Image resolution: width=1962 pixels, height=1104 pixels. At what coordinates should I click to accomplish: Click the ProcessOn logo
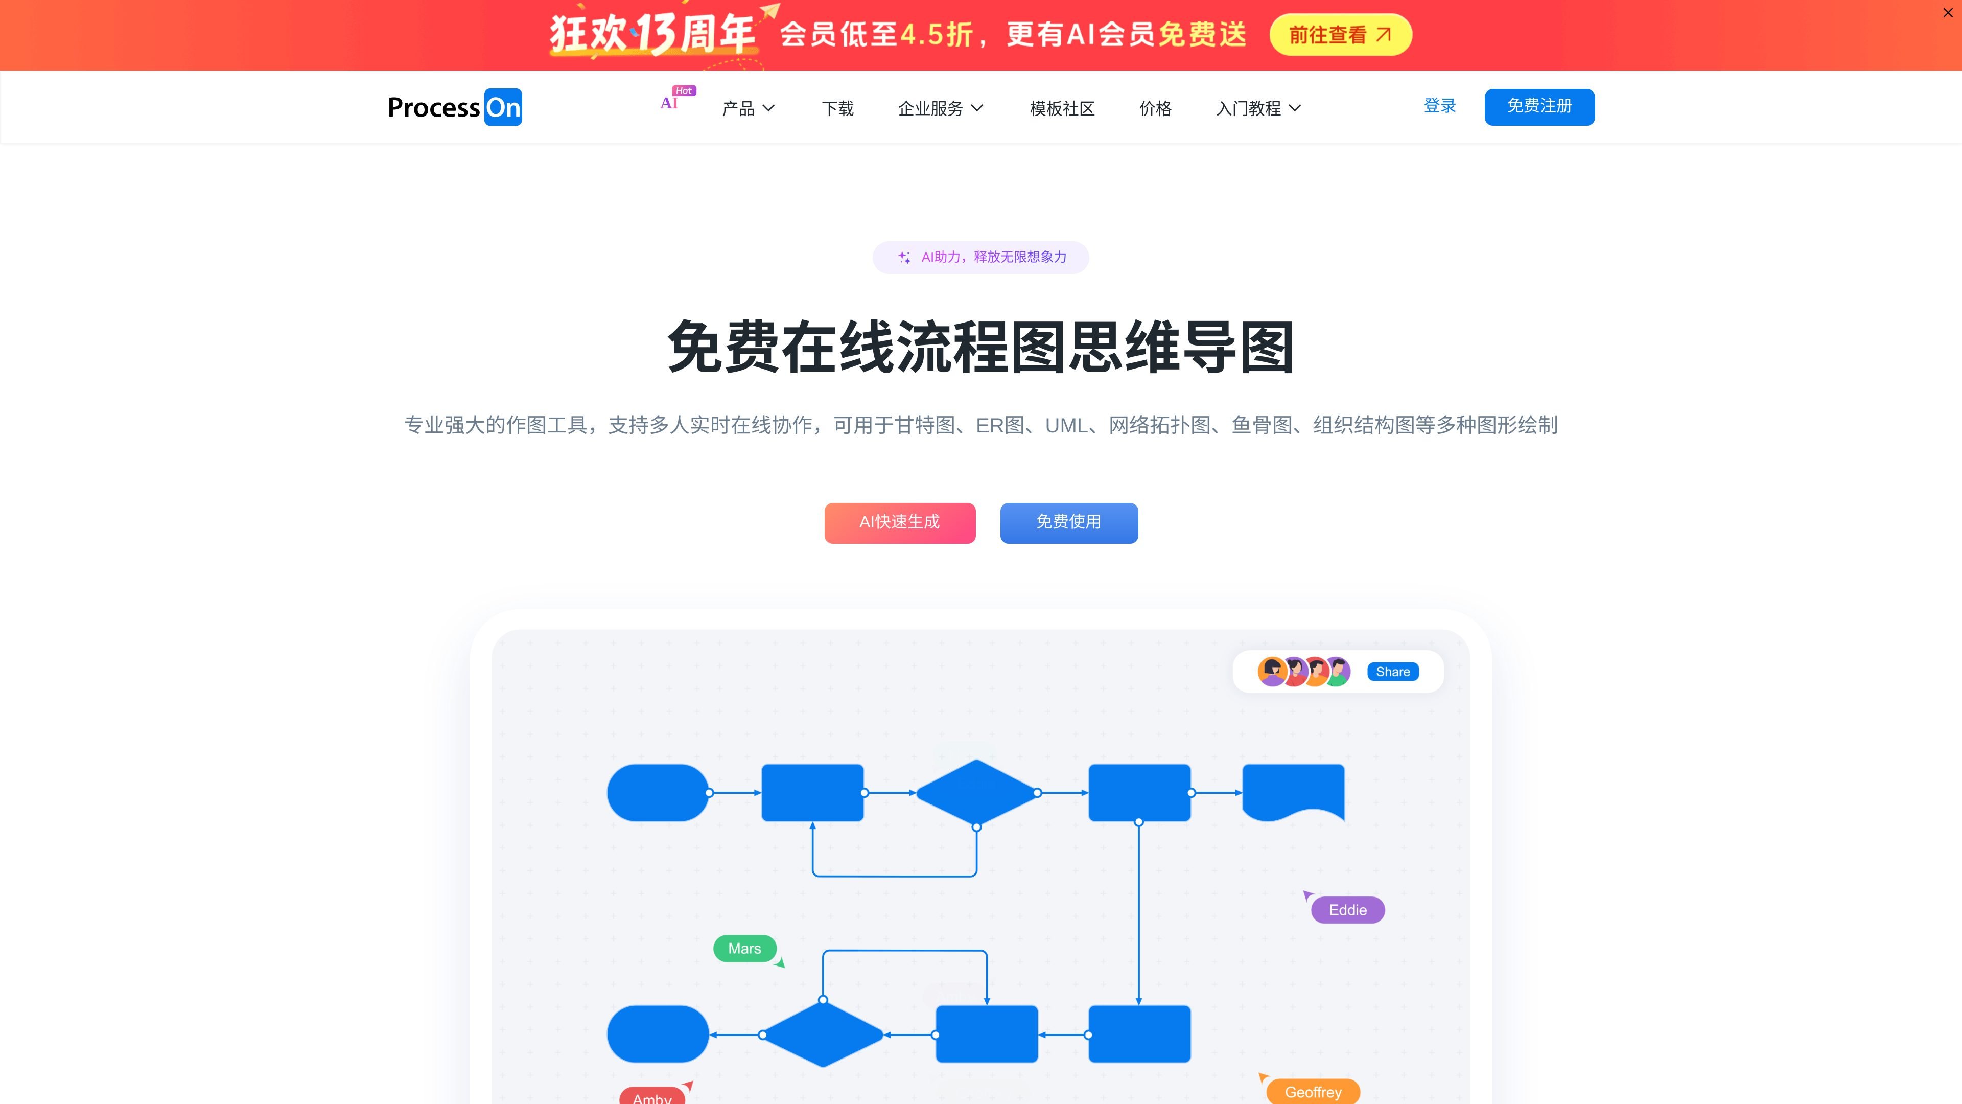tap(455, 107)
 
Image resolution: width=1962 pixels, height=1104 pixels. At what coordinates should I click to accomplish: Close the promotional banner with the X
tap(1948, 13)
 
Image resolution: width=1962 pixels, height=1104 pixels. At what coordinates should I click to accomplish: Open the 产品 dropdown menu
tap(749, 108)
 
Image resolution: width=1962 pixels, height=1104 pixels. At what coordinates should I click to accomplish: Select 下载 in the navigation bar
tap(838, 108)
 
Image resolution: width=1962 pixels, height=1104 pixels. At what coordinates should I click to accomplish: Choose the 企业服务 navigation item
tap(941, 108)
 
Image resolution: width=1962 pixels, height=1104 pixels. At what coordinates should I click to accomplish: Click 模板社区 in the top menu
tap(1062, 108)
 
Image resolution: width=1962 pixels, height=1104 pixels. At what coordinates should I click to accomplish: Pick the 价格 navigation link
tap(1155, 108)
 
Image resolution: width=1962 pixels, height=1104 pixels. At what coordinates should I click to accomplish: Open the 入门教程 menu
tap(1258, 108)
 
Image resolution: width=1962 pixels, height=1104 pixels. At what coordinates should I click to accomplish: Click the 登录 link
tap(1439, 106)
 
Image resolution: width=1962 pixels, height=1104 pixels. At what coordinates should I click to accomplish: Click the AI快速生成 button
tap(899, 523)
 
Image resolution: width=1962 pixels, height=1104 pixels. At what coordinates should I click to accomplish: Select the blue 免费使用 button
tap(1068, 523)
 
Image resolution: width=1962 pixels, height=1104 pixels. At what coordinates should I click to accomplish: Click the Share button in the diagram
tap(1392, 671)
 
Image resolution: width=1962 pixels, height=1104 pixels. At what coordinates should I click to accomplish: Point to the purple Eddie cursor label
tap(1347, 910)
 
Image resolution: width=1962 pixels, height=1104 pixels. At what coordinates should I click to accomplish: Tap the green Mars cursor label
tap(744, 949)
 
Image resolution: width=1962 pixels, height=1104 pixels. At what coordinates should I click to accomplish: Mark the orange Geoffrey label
tap(1313, 1092)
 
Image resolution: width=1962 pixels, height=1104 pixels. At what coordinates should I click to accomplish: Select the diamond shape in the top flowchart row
tap(976, 792)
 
